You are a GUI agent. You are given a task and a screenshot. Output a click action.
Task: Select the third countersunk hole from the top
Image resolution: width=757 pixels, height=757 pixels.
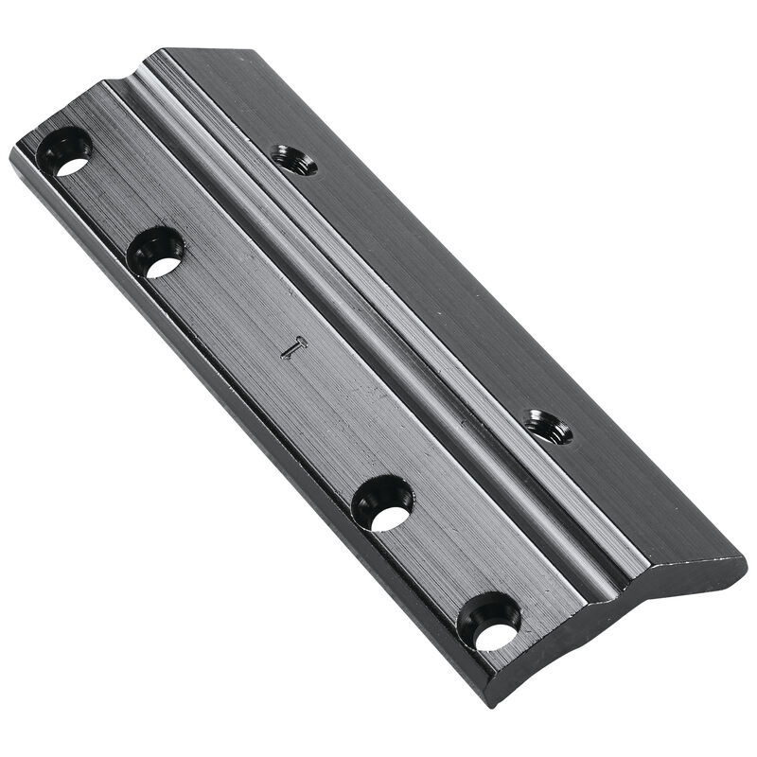[x=383, y=502]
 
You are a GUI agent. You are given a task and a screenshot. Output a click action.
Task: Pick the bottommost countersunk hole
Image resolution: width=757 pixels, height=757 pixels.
[x=489, y=622]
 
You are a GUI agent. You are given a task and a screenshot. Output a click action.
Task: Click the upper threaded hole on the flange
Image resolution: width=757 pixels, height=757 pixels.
[x=293, y=160]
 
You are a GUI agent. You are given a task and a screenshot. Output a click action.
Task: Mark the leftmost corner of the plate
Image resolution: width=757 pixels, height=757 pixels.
[x=11, y=156]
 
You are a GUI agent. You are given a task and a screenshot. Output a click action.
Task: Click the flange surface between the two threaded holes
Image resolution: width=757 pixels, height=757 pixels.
[x=426, y=284]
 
